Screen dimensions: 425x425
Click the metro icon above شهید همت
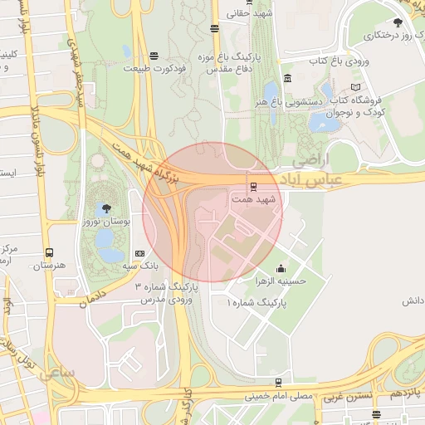(253, 187)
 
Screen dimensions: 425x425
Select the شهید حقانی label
(252, 14)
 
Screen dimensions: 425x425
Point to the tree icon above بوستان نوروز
(105, 208)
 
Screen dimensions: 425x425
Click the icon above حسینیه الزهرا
(280, 268)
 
